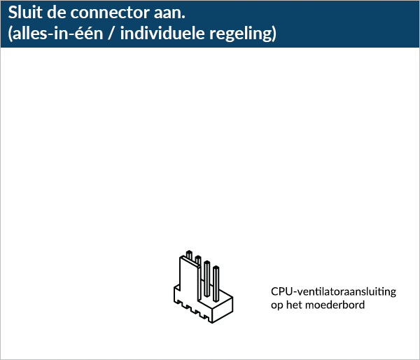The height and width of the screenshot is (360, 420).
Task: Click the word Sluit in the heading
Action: (25, 13)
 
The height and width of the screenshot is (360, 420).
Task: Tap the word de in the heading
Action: (57, 13)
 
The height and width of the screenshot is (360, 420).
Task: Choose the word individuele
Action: (162, 34)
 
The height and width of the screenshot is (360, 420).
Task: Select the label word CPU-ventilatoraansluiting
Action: (333, 291)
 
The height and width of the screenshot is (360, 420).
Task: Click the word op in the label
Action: (276, 305)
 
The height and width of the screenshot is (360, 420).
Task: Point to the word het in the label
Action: (294, 305)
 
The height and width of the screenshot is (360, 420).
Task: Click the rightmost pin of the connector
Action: (216, 284)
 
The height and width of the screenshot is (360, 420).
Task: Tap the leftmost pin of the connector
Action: (189, 255)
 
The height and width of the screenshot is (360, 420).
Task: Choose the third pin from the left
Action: (206, 279)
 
